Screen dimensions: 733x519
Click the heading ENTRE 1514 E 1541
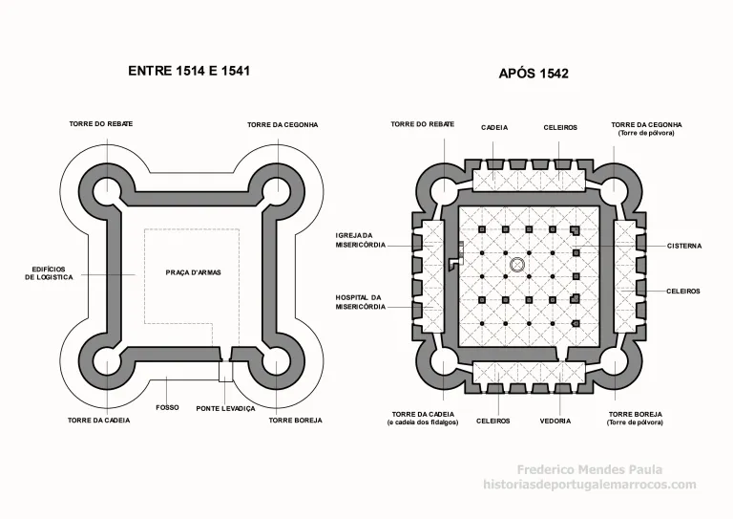click(189, 71)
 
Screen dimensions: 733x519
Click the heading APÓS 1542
click(534, 74)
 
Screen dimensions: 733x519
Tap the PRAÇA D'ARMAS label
click(194, 272)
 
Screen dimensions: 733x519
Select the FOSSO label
click(167, 407)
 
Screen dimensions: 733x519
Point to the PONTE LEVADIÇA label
click(226, 408)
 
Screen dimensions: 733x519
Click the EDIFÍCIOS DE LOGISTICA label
click(49, 273)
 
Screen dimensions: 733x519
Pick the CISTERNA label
click(684, 246)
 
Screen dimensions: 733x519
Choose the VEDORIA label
click(555, 422)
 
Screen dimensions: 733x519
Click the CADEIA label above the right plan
click(494, 128)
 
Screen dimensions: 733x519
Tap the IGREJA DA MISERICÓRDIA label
click(361, 241)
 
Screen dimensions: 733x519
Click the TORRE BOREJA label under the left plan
click(296, 421)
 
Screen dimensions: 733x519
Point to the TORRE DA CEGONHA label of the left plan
click(283, 125)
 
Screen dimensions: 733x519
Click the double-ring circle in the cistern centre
click(516, 265)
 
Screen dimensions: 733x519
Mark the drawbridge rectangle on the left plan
click(226, 371)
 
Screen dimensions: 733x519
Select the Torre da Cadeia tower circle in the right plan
click(443, 363)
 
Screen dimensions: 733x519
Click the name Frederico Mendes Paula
click(590, 469)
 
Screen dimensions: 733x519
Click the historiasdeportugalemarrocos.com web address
click(590, 485)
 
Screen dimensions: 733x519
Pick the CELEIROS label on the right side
click(683, 292)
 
